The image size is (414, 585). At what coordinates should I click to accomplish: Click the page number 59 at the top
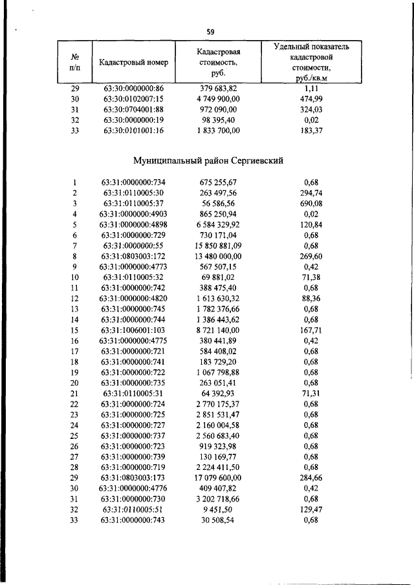click(210, 31)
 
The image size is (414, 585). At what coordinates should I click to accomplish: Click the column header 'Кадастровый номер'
click(134, 63)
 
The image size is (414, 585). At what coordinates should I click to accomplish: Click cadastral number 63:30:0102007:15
click(134, 98)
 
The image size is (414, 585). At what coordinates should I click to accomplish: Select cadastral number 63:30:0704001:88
click(134, 109)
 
